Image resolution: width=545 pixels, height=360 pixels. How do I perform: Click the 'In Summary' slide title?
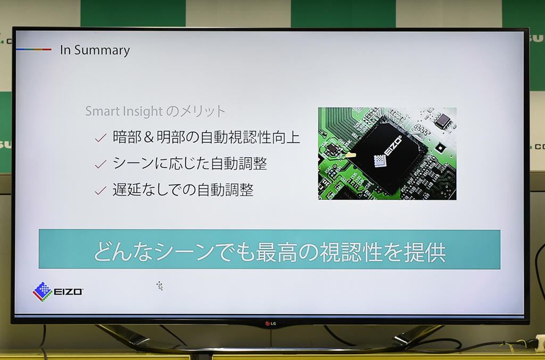(x=95, y=51)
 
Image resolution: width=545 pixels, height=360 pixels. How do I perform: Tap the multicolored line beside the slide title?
(x=34, y=50)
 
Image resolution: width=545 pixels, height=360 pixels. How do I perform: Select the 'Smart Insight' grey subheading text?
(x=123, y=111)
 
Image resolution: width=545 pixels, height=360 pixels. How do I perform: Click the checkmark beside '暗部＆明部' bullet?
(x=101, y=138)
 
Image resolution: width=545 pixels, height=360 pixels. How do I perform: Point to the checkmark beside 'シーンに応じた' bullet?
(x=101, y=164)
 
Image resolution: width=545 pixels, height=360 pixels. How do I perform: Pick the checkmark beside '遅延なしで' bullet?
(x=101, y=190)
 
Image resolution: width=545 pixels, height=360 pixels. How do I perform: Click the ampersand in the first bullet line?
(x=148, y=137)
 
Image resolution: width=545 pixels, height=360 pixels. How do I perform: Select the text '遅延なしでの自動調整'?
(x=183, y=190)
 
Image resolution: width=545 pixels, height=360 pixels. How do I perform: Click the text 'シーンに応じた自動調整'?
(x=190, y=163)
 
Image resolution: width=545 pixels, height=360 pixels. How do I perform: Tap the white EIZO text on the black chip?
(x=393, y=146)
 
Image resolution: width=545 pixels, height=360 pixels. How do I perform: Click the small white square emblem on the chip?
(x=380, y=161)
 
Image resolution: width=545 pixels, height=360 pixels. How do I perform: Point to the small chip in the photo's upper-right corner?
(x=442, y=121)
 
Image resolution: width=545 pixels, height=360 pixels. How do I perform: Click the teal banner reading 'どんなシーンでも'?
(x=269, y=249)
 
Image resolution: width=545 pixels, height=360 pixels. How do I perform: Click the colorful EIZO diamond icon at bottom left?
(x=43, y=291)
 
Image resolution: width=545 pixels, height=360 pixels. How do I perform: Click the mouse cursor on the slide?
(x=160, y=286)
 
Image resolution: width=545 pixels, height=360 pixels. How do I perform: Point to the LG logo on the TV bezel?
(x=270, y=324)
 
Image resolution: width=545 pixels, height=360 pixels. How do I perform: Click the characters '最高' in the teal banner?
(x=276, y=252)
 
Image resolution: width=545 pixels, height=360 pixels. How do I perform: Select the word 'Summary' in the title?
(x=102, y=51)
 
